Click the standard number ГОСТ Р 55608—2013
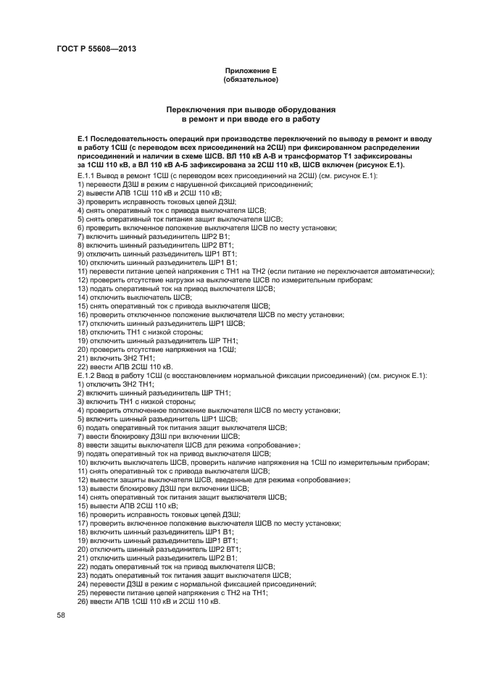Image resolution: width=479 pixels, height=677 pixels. pos(96,49)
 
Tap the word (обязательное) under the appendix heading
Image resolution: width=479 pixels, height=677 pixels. pos(251,78)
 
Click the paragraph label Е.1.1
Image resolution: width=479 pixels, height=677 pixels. pos(87,176)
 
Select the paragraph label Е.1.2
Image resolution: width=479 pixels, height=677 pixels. pos(87,375)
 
